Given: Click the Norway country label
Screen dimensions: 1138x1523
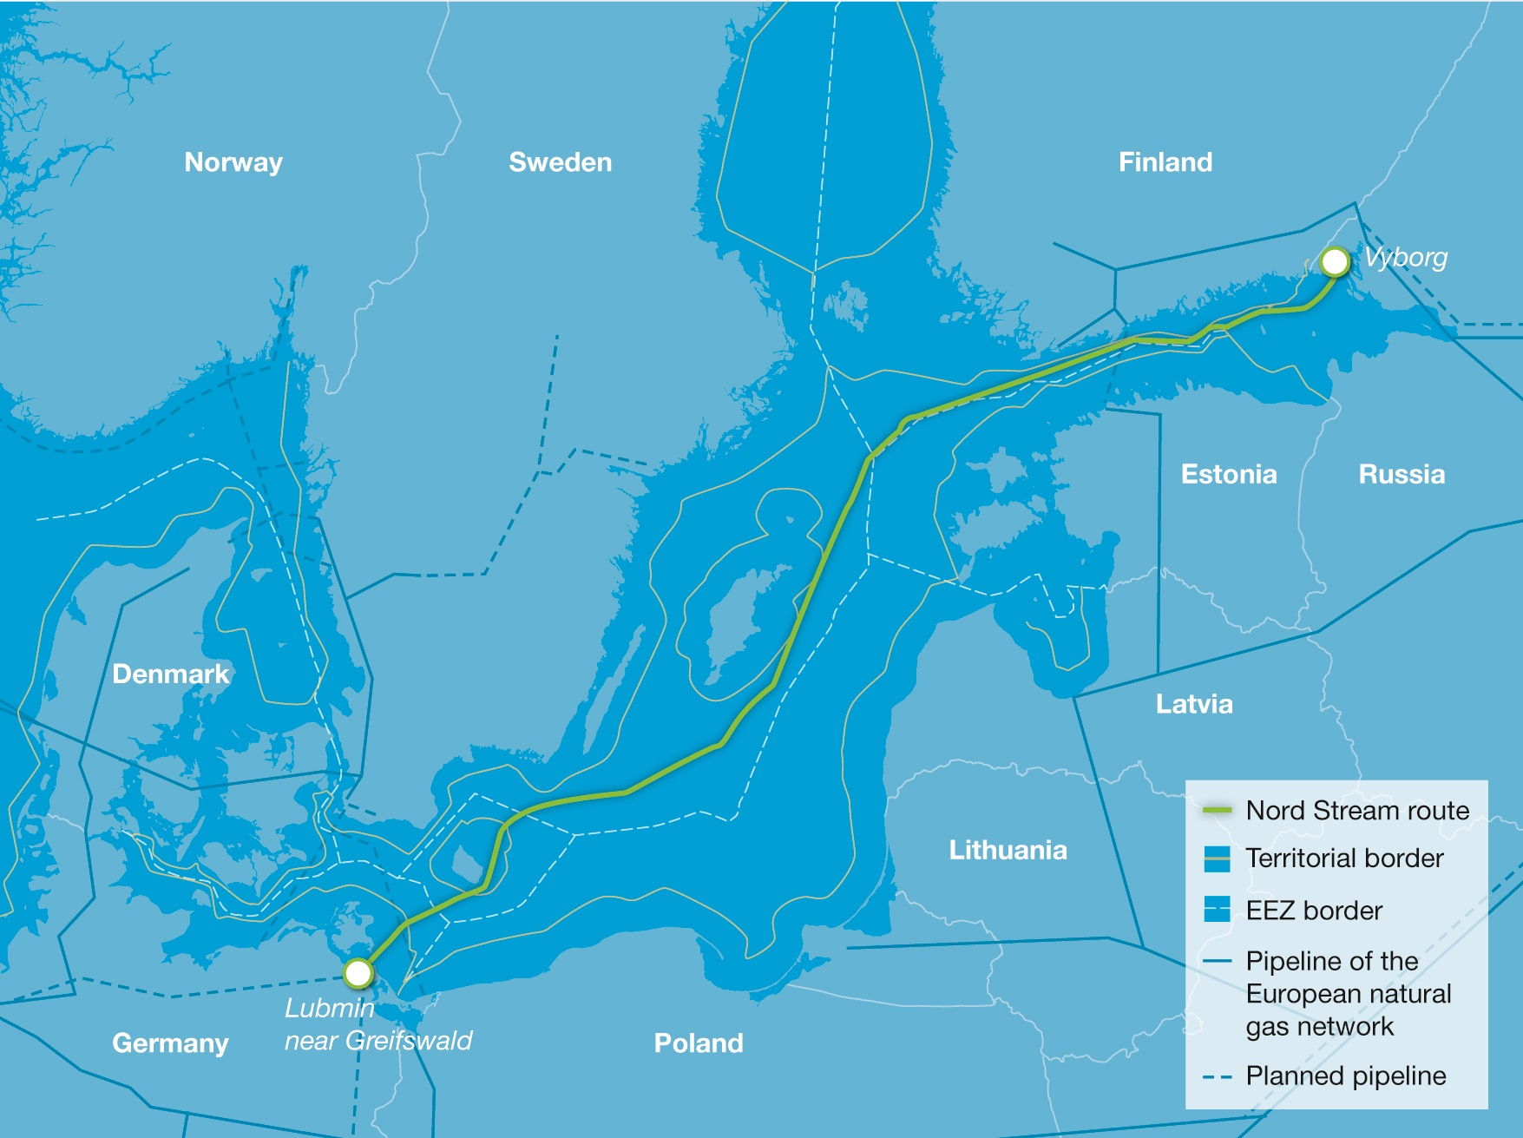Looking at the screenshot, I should coord(233,162).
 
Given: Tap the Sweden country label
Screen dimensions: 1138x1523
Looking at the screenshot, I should coord(560,162).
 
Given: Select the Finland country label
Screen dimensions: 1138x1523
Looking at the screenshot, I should coord(1165,162).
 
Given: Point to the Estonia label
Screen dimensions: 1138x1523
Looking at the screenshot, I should coord(1228,474).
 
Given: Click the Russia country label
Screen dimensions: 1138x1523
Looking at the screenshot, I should coord(1401,474).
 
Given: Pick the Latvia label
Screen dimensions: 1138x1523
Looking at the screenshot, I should coord(1193,703).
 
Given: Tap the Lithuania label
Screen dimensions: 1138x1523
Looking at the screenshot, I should coord(1008,849).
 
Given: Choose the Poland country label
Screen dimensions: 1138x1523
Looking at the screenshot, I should coord(698,1043).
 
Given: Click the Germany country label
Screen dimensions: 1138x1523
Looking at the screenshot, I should coord(170,1043).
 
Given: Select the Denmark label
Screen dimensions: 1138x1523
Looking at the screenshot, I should coord(170,674).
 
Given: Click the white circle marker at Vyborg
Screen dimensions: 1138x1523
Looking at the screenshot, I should coord(1335,261).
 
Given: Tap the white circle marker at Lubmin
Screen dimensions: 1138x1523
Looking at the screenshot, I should coord(358,973).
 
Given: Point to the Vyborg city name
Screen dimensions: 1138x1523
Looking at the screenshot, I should coord(1405,257).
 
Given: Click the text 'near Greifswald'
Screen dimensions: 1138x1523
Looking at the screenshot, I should coord(378,1040).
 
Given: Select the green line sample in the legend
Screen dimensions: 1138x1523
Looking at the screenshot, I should coord(1217,811).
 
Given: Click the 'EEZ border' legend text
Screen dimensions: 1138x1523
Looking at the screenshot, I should coord(1313,911).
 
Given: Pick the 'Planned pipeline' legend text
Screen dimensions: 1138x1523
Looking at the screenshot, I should coord(1345,1076).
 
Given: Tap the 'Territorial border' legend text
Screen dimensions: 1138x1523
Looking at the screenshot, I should coord(1343,858).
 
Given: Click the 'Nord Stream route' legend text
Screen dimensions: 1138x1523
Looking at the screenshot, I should coord(1357,811).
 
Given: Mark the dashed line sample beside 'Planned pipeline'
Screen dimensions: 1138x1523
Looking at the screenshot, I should coord(1217,1077).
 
